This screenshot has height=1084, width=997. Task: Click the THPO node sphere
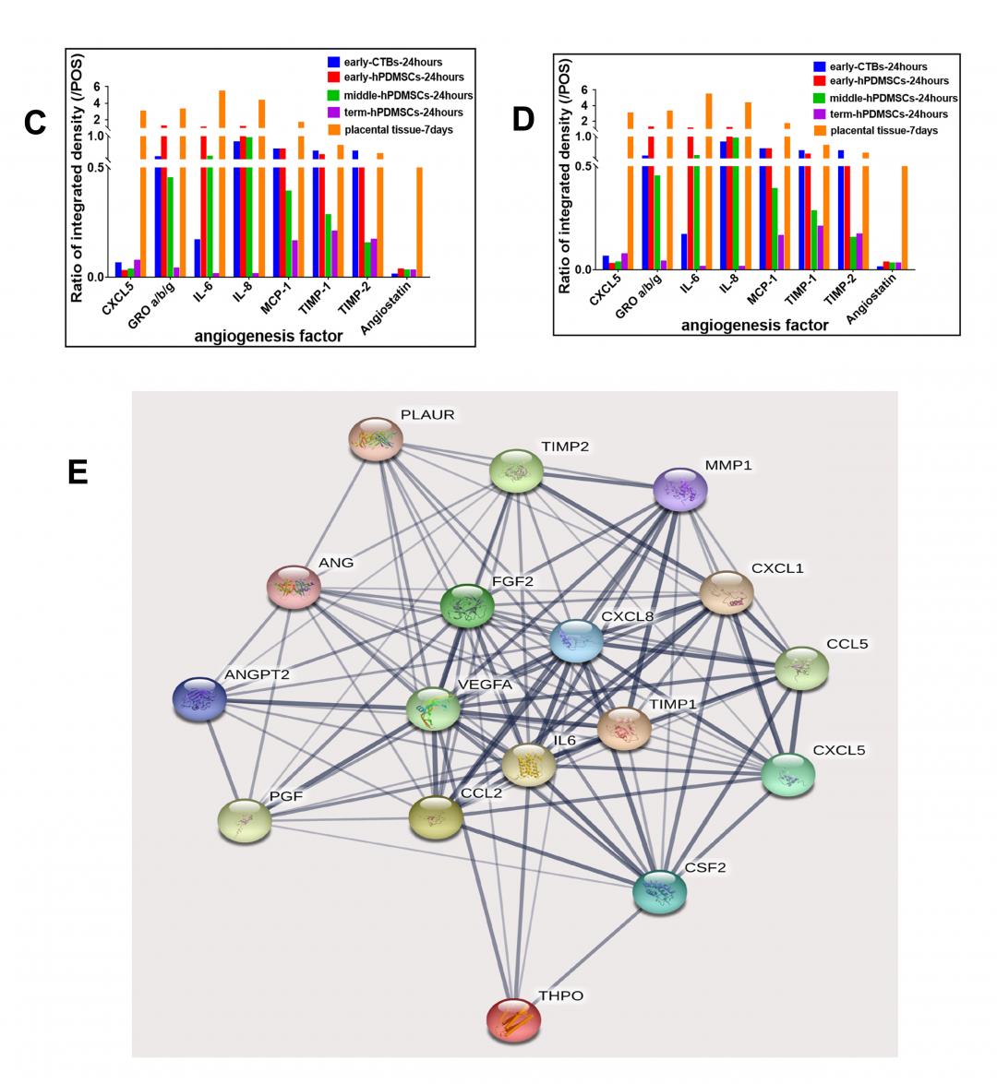pyautogui.click(x=513, y=1019)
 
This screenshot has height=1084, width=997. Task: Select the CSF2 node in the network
pyautogui.click(x=660, y=891)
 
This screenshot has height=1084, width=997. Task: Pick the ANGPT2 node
pyautogui.click(x=200, y=698)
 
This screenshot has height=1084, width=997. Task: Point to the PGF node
pyautogui.click(x=245, y=820)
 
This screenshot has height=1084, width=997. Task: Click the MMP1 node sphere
pyautogui.click(x=680, y=489)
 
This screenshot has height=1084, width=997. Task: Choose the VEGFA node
pyautogui.click(x=433, y=709)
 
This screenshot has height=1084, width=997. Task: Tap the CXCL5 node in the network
pyautogui.click(x=788, y=774)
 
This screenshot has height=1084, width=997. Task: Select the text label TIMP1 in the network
pyautogui.click(x=673, y=704)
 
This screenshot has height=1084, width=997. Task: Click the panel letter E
pyautogui.click(x=78, y=472)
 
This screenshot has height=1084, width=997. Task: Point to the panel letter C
pyautogui.click(x=35, y=123)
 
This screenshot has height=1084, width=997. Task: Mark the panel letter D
pyautogui.click(x=523, y=120)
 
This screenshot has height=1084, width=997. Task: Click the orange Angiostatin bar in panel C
pyautogui.click(x=419, y=221)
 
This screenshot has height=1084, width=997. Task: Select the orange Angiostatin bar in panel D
pyautogui.click(x=905, y=218)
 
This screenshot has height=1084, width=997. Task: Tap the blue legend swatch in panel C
pyautogui.click(x=333, y=63)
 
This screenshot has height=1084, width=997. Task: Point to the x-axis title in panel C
pyautogui.click(x=268, y=337)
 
